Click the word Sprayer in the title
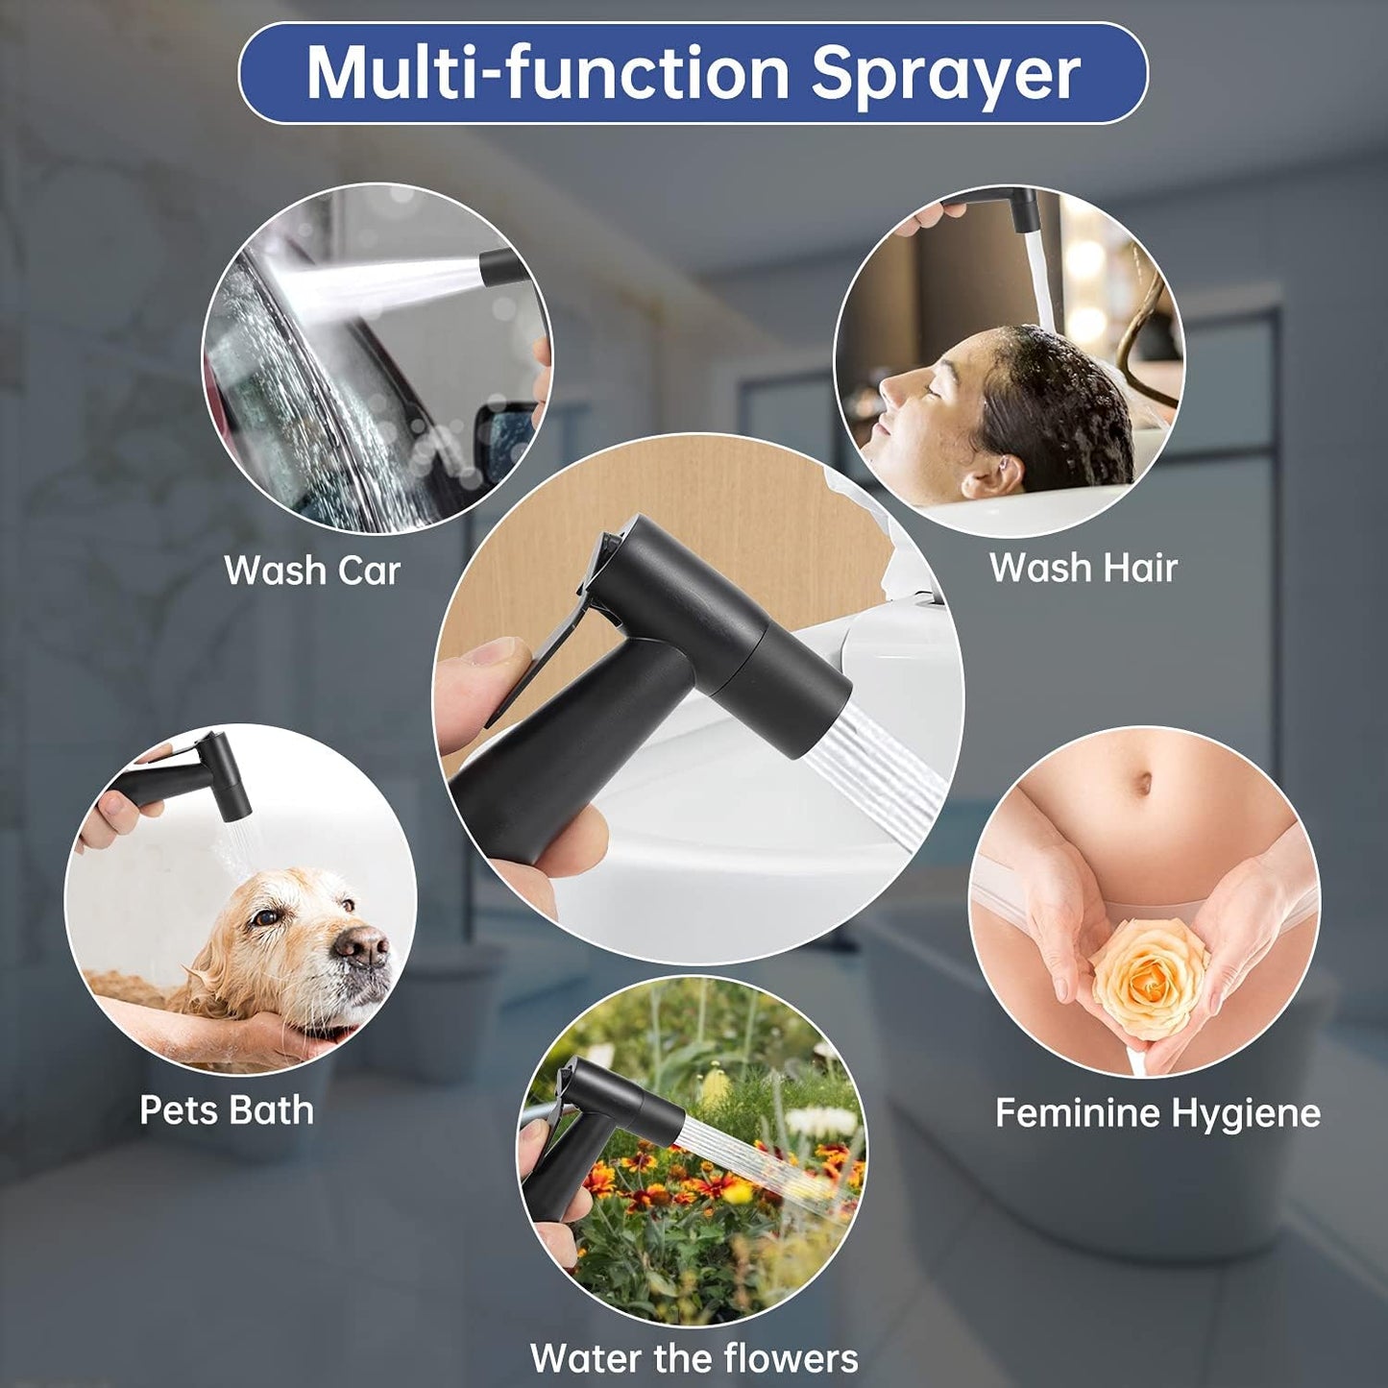[x=945, y=75]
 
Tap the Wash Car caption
[x=312, y=570]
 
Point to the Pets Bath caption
[x=227, y=1110]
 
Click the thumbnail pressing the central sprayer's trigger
[x=496, y=652]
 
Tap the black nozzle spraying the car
[x=504, y=268]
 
